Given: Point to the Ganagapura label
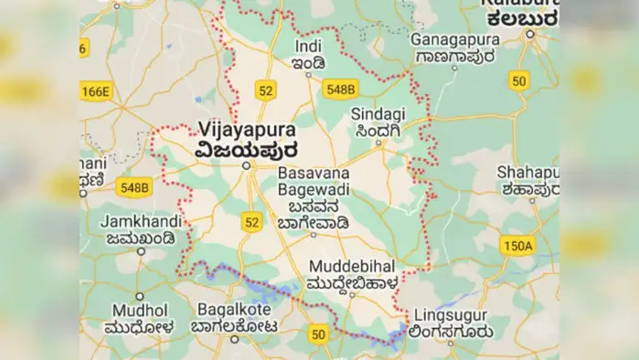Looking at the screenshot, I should pyautogui.click(x=452, y=40).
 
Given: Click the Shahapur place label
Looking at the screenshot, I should pyautogui.click(x=528, y=173).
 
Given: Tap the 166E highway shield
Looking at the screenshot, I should pyautogui.click(x=95, y=90).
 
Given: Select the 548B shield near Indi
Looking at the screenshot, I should pyautogui.click(x=340, y=89).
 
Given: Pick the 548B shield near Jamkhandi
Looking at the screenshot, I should pyautogui.click(x=133, y=187).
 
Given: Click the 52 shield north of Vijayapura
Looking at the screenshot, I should pyautogui.click(x=266, y=90).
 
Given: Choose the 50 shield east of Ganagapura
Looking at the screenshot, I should pyautogui.click(x=519, y=80).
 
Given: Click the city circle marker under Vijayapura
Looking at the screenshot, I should pyautogui.click(x=247, y=165).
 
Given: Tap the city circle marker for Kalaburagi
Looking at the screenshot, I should pyautogui.click(x=529, y=34).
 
